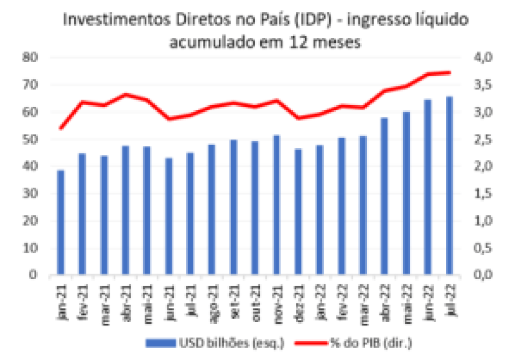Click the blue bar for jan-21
60,223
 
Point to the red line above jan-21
60,128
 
